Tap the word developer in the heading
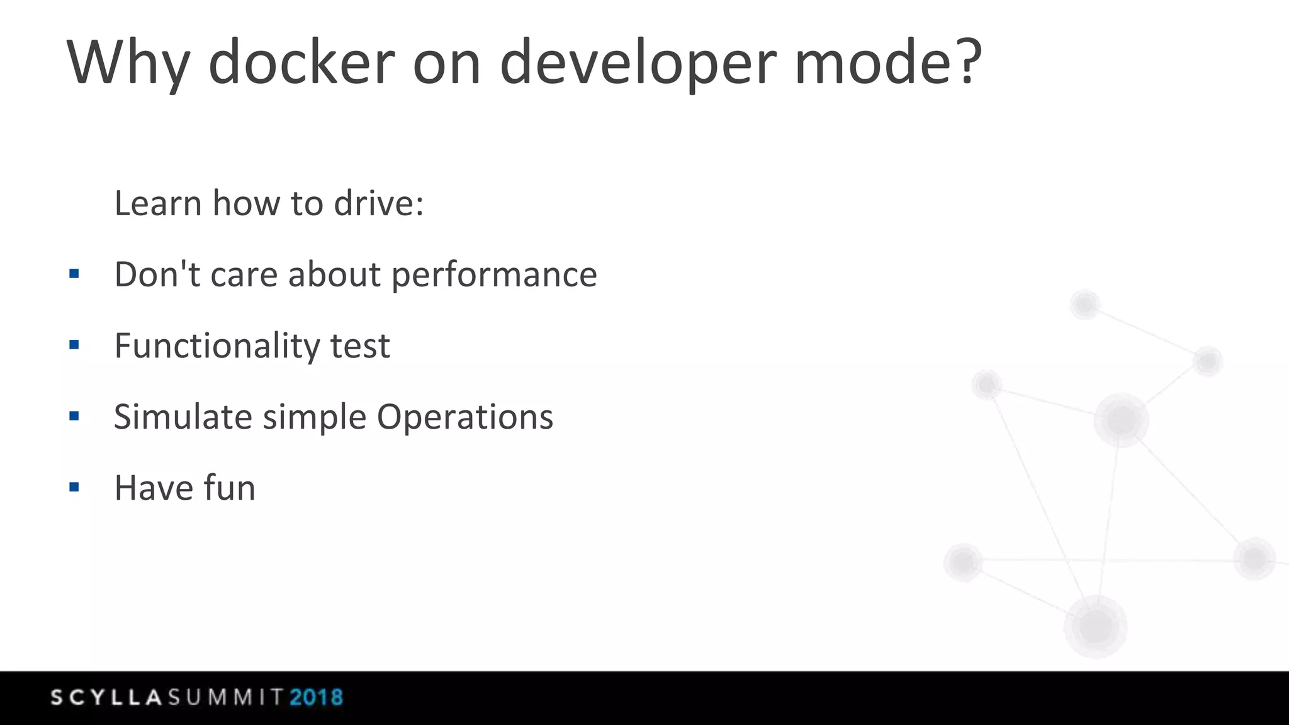point(638,63)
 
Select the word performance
point(494,275)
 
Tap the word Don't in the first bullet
point(157,274)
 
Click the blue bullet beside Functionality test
point(74,345)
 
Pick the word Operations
point(465,417)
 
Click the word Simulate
point(183,417)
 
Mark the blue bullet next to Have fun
point(74,487)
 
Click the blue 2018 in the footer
point(316,697)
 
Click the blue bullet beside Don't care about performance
point(74,274)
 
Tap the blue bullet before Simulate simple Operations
point(74,416)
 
